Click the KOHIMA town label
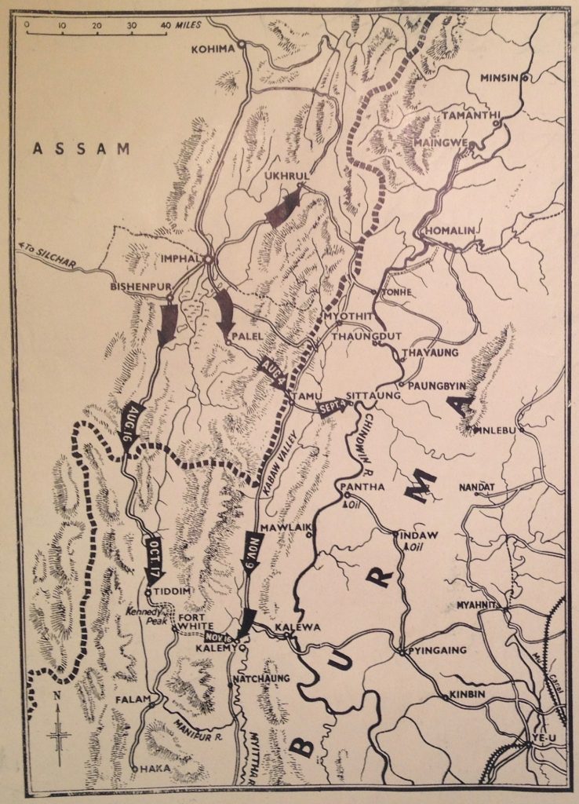click(x=213, y=49)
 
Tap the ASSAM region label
click(x=81, y=148)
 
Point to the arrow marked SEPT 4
click(x=333, y=407)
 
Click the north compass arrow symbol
click(x=58, y=730)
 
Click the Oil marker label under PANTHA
click(x=354, y=504)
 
